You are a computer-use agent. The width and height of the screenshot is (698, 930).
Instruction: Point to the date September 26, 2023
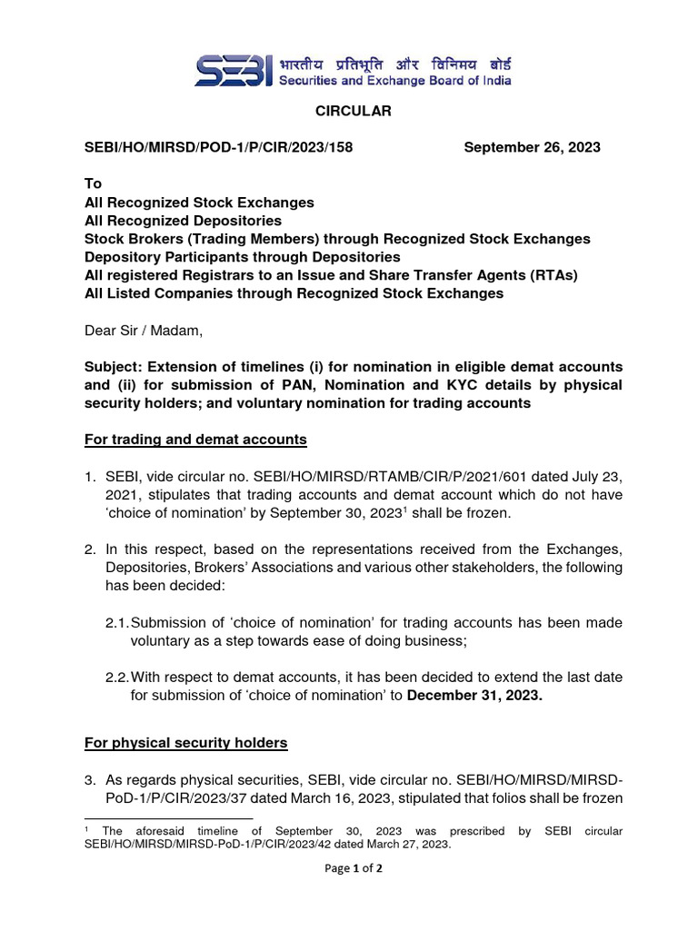[532, 148]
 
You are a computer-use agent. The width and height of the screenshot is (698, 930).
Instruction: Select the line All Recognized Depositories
[183, 221]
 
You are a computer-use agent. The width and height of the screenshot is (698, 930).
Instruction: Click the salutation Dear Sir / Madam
[144, 331]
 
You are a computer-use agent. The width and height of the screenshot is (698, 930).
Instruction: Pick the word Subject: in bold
[117, 367]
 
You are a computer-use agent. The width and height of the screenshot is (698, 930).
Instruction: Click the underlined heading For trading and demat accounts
[195, 440]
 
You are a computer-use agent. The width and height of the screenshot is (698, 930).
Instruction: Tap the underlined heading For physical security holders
[186, 743]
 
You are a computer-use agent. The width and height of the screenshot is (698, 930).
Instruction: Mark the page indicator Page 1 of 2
[348, 868]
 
